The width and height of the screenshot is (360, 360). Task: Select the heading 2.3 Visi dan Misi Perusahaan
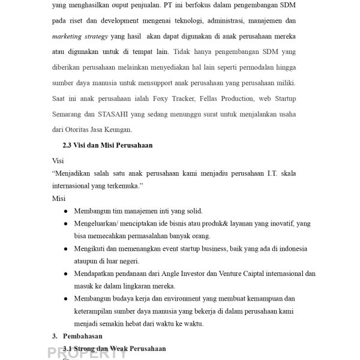point(107,145)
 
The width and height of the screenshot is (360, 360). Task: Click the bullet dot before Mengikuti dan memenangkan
point(65,248)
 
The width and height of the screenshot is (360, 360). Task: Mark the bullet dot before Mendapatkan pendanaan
point(65,274)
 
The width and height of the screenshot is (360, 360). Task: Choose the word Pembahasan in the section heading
point(83,337)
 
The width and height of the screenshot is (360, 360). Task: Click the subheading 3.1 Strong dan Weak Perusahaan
point(114,349)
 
